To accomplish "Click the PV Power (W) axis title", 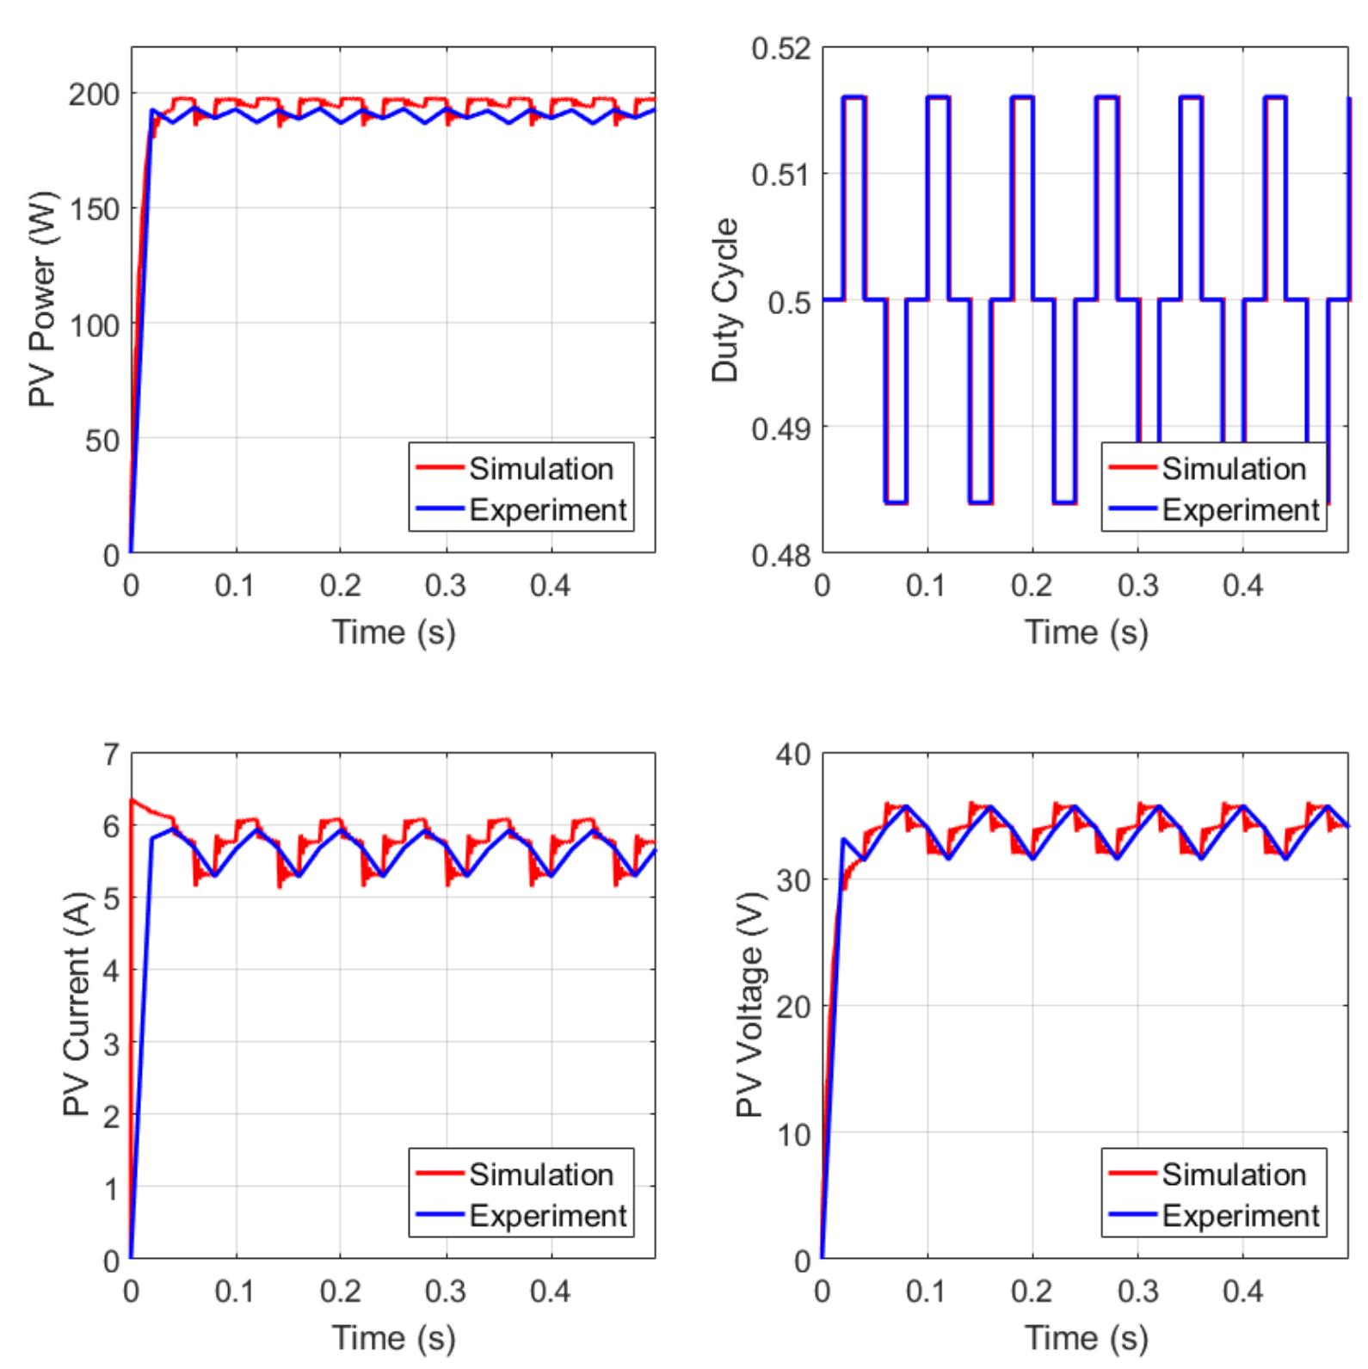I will click(x=42, y=299).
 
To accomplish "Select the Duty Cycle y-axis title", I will click(x=725, y=299).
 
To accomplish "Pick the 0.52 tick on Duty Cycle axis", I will click(x=780, y=49).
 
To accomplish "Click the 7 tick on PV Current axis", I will click(x=110, y=755).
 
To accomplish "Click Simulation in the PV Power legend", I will click(x=540, y=469).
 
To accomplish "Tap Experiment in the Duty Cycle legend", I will click(x=1240, y=510).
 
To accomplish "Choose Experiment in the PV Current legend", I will click(x=547, y=1216).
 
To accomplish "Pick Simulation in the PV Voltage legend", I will click(x=1233, y=1175).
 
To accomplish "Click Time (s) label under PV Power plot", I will click(x=393, y=632).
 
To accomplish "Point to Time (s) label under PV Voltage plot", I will click(x=1086, y=1338).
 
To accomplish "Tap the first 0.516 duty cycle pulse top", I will click(x=853, y=97).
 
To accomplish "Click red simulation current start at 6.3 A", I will click(x=132, y=800).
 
